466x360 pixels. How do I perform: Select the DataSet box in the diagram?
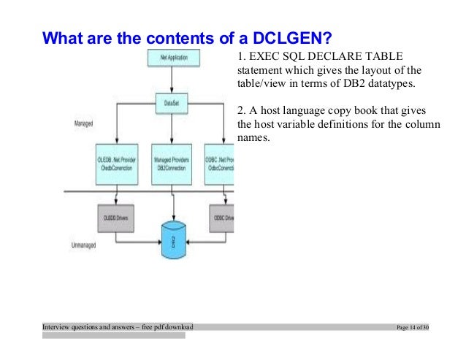pyautogui.click(x=172, y=103)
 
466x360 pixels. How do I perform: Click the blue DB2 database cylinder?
pyautogui.click(x=173, y=240)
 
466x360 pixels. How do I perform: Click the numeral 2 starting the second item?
pyautogui.click(x=241, y=110)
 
